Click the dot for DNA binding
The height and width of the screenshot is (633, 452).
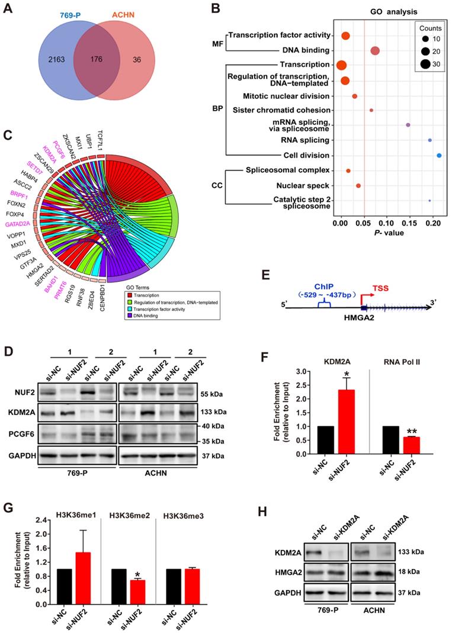pos(374,51)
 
